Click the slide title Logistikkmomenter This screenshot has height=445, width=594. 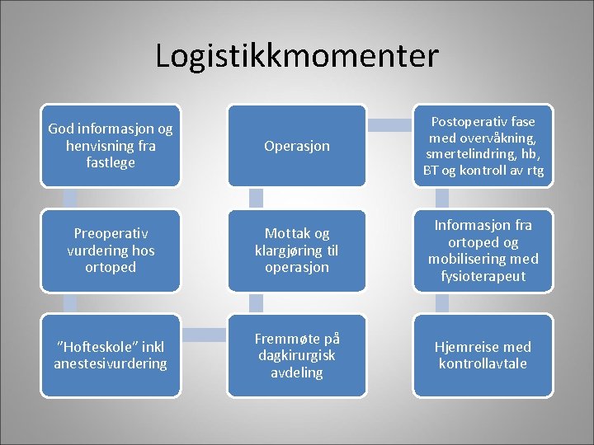297,56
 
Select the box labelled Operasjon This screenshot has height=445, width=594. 297,146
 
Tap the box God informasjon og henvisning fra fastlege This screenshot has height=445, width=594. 111,146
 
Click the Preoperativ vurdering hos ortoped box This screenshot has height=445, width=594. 111,251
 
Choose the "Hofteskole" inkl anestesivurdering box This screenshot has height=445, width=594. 111,355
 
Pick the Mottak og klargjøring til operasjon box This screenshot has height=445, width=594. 297,251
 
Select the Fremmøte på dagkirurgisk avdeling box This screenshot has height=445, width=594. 297,355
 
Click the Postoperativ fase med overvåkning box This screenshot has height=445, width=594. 483,146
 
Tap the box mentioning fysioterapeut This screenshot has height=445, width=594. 483,251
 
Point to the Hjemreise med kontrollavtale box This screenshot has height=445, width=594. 483,355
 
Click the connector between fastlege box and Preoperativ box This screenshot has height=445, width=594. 70,198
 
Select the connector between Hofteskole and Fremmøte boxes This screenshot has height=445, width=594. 204,334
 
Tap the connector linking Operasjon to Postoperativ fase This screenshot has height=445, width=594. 390,125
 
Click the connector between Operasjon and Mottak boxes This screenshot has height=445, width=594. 257,198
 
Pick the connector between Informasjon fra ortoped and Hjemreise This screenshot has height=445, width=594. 443,302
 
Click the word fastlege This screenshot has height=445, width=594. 111,163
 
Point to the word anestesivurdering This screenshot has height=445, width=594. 111,363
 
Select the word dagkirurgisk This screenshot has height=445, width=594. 297,355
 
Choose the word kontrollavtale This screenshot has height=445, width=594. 483,363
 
